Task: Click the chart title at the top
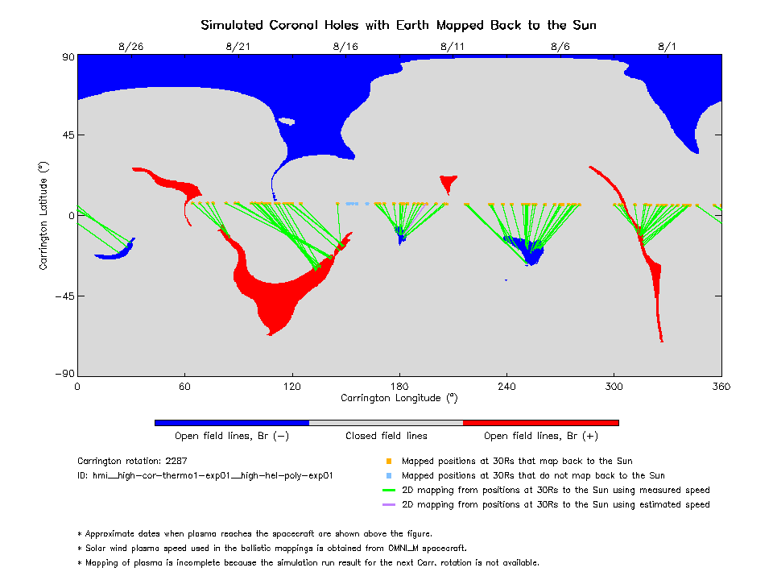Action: [x=399, y=25]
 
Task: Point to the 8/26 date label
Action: [x=130, y=47]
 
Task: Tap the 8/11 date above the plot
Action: [x=453, y=47]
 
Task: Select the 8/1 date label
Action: [x=668, y=47]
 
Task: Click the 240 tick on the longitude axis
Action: [x=506, y=387]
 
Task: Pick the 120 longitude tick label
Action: [x=291, y=387]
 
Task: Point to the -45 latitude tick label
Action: [x=63, y=296]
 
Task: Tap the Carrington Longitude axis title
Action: [x=399, y=398]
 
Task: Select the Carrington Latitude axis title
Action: [x=43, y=215]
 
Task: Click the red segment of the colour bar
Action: [x=540, y=422]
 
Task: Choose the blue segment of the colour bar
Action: [x=231, y=422]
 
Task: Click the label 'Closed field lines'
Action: [x=386, y=436]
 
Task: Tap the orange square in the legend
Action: [x=389, y=462]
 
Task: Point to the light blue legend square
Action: [x=389, y=476]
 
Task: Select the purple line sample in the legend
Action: [x=389, y=505]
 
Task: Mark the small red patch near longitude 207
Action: [x=448, y=182]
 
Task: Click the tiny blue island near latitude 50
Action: [x=286, y=122]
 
